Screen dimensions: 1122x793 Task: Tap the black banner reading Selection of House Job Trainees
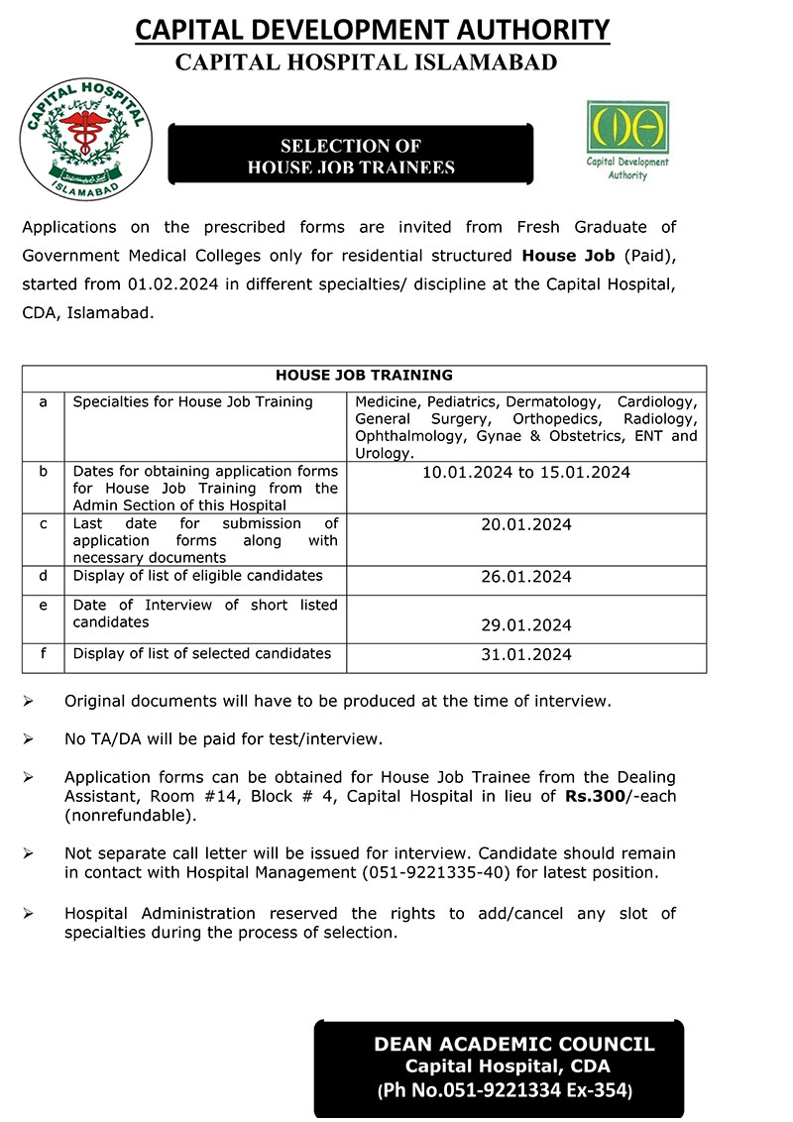(351, 157)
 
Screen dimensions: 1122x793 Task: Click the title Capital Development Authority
(372, 31)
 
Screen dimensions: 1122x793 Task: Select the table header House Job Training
(364, 376)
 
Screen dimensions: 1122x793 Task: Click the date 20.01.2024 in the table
(525, 524)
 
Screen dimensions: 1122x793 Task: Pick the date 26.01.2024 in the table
(525, 577)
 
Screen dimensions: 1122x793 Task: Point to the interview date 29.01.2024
(525, 625)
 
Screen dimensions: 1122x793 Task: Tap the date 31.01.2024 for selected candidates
(525, 654)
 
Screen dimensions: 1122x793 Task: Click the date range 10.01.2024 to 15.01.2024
(525, 473)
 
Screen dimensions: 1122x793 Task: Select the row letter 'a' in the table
(43, 401)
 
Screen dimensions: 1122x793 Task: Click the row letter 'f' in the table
(43, 653)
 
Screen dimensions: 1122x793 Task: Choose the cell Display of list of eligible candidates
(197, 576)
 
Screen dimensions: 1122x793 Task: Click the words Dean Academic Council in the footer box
(513, 1045)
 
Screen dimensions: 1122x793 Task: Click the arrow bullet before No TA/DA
(29, 739)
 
